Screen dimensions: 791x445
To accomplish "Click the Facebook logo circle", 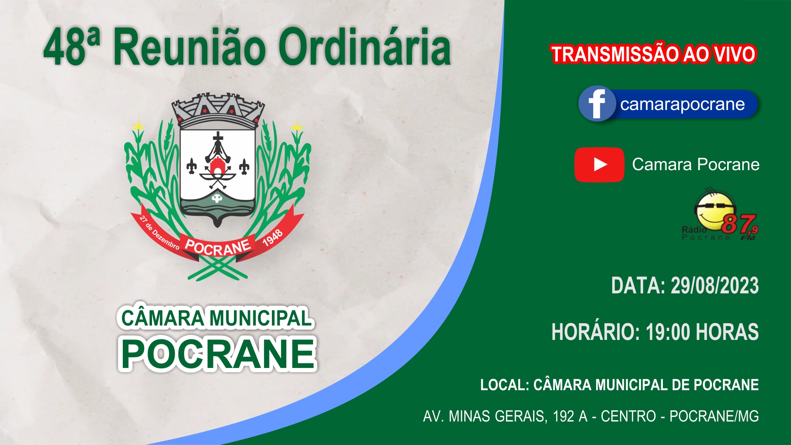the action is point(597,104).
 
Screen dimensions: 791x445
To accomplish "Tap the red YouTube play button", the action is point(599,165).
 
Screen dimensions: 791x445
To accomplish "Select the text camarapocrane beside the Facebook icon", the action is point(682,105).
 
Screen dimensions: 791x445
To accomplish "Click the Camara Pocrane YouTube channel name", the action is point(696,164).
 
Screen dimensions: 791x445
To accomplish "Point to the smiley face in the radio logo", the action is point(715,210).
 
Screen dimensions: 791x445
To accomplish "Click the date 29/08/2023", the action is point(715,286).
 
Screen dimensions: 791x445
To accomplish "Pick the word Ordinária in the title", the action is point(365,47).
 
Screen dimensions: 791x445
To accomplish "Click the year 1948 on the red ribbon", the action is point(272,238).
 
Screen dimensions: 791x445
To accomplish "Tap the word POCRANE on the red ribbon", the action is point(218,247).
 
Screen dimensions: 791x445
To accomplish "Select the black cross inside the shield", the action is point(218,137).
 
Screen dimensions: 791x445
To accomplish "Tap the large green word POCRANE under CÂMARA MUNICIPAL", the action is point(218,354).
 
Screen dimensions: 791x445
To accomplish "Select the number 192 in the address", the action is point(564,416).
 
